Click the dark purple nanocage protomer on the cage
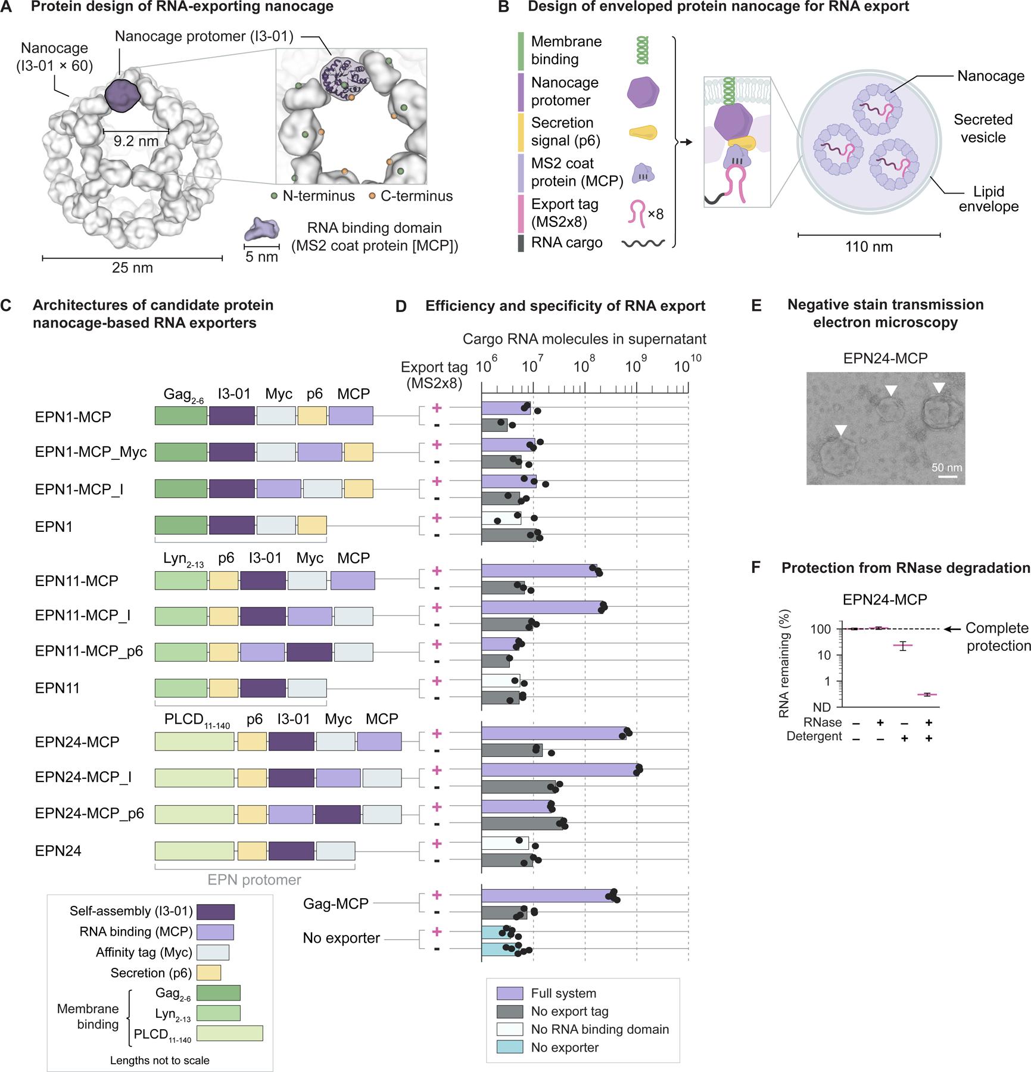[x=122, y=95]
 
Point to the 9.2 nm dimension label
[x=136, y=142]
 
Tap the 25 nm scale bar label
[x=132, y=267]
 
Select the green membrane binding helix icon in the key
[x=643, y=50]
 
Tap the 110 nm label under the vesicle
[x=869, y=246]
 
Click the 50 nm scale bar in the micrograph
[x=946, y=476]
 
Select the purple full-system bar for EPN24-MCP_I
[x=560, y=769]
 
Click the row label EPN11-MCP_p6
[x=89, y=651]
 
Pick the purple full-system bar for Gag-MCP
[x=547, y=896]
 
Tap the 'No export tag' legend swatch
[x=510, y=1011]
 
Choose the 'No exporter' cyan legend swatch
[x=510, y=1047]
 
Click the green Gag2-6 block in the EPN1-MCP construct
[x=181, y=416]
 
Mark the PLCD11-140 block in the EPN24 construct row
[x=194, y=851]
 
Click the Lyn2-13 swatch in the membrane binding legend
[x=218, y=1013]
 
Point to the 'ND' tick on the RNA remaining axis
[x=822, y=708]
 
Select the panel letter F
[x=756, y=568]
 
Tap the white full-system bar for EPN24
[x=505, y=843]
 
